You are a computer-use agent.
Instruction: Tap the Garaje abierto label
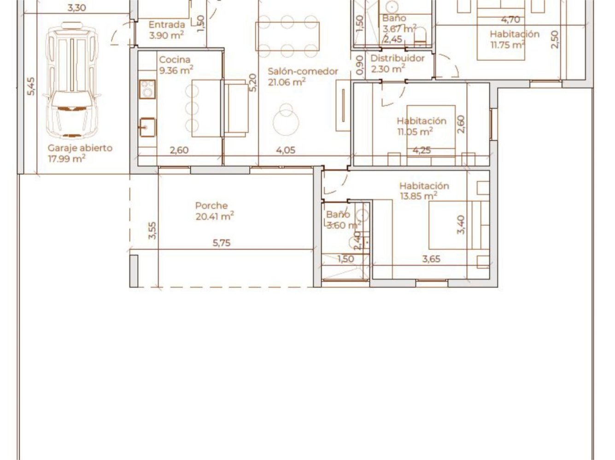tap(80, 148)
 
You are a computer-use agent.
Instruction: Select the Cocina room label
tap(175, 60)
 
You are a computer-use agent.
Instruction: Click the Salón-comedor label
tap(303, 71)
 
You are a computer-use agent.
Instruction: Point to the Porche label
tap(211, 206)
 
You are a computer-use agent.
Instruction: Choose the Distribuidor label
tap(398, 58)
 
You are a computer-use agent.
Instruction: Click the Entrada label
tap(167, 25)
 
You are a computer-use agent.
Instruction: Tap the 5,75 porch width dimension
tap(222, 243)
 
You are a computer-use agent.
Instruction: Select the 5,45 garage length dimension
tap(30, 86)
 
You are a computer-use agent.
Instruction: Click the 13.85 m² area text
tap(418, 196)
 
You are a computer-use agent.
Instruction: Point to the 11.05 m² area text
tap(415, 132)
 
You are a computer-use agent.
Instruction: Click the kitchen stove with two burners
tap(147, 89)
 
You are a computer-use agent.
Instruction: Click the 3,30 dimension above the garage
tap(76, 8)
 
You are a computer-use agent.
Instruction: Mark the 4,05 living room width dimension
tap(286, 150)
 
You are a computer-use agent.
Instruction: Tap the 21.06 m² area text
tap(287, 82)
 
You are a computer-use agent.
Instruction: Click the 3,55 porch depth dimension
tap(152, 230)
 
